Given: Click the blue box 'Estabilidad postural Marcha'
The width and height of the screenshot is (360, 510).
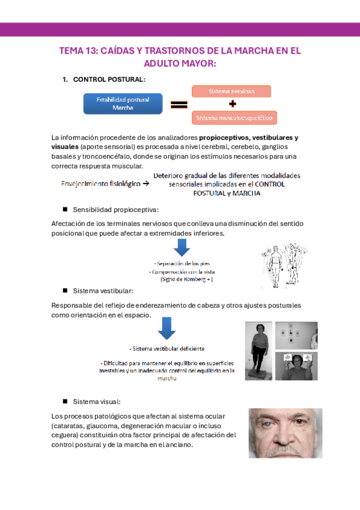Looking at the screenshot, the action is click(123, 103).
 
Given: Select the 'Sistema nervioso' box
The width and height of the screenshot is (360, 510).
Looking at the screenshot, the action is click(231, 91).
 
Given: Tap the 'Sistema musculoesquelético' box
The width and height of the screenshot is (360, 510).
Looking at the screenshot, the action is click(234, 117).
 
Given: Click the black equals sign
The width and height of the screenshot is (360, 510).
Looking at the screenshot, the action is click(179, 105).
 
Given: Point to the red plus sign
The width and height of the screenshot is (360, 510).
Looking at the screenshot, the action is click(232, 104).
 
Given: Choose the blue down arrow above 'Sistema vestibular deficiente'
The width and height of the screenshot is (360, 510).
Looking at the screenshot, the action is click(166, 328).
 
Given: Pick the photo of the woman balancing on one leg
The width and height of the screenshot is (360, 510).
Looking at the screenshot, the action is click(258, 351).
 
